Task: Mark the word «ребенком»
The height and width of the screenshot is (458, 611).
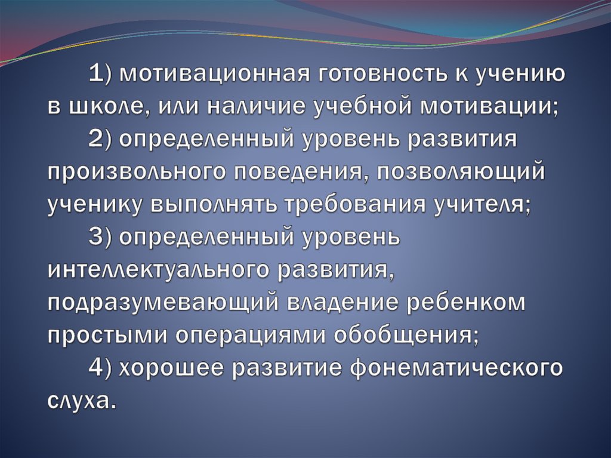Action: coord(466,302)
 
